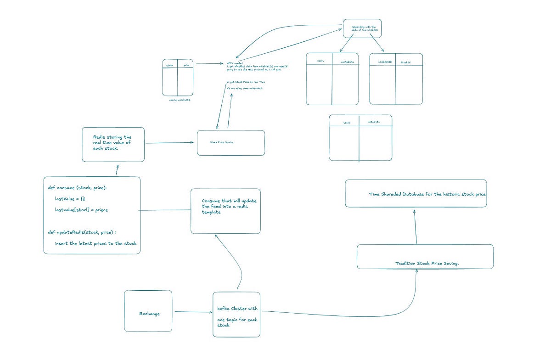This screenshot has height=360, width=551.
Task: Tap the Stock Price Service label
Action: [222, 142]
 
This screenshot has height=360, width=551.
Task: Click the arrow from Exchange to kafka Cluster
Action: [192, 312]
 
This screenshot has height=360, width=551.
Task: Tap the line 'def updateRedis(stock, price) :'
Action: [85, 232]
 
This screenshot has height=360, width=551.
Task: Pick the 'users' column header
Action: [320, 61]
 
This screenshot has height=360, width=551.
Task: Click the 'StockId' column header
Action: [405, 62]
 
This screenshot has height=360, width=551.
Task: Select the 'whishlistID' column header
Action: [385, 61]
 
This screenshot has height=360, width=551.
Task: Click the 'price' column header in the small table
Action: [186, 66]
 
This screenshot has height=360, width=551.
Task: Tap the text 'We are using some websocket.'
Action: [244, 88]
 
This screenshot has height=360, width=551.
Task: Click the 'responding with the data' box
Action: [362, 29]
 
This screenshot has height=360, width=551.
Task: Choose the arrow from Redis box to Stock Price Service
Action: [169, 143]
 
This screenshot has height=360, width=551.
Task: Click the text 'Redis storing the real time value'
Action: [112, 143]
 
